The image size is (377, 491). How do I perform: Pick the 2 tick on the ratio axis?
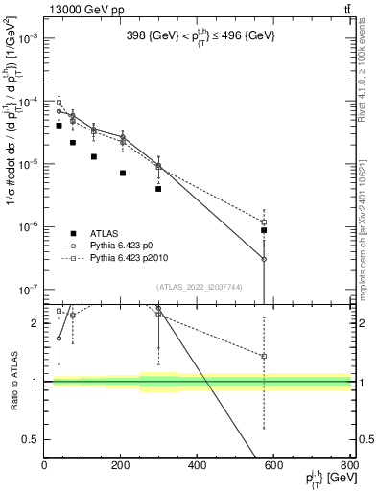(x=35, y=323)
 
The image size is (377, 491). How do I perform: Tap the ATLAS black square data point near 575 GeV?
(x=264, y=230)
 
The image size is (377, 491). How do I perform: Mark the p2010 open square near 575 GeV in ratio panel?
(x=264, y=356)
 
